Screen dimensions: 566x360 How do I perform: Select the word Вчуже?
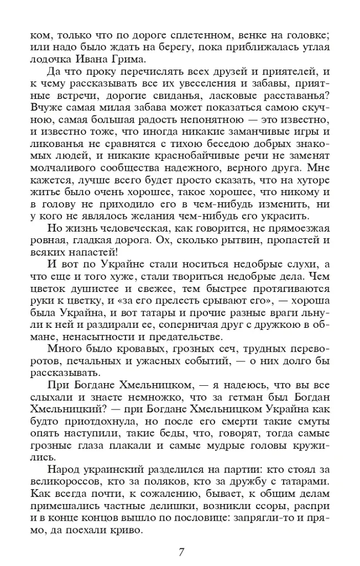[x=47, y=106]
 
